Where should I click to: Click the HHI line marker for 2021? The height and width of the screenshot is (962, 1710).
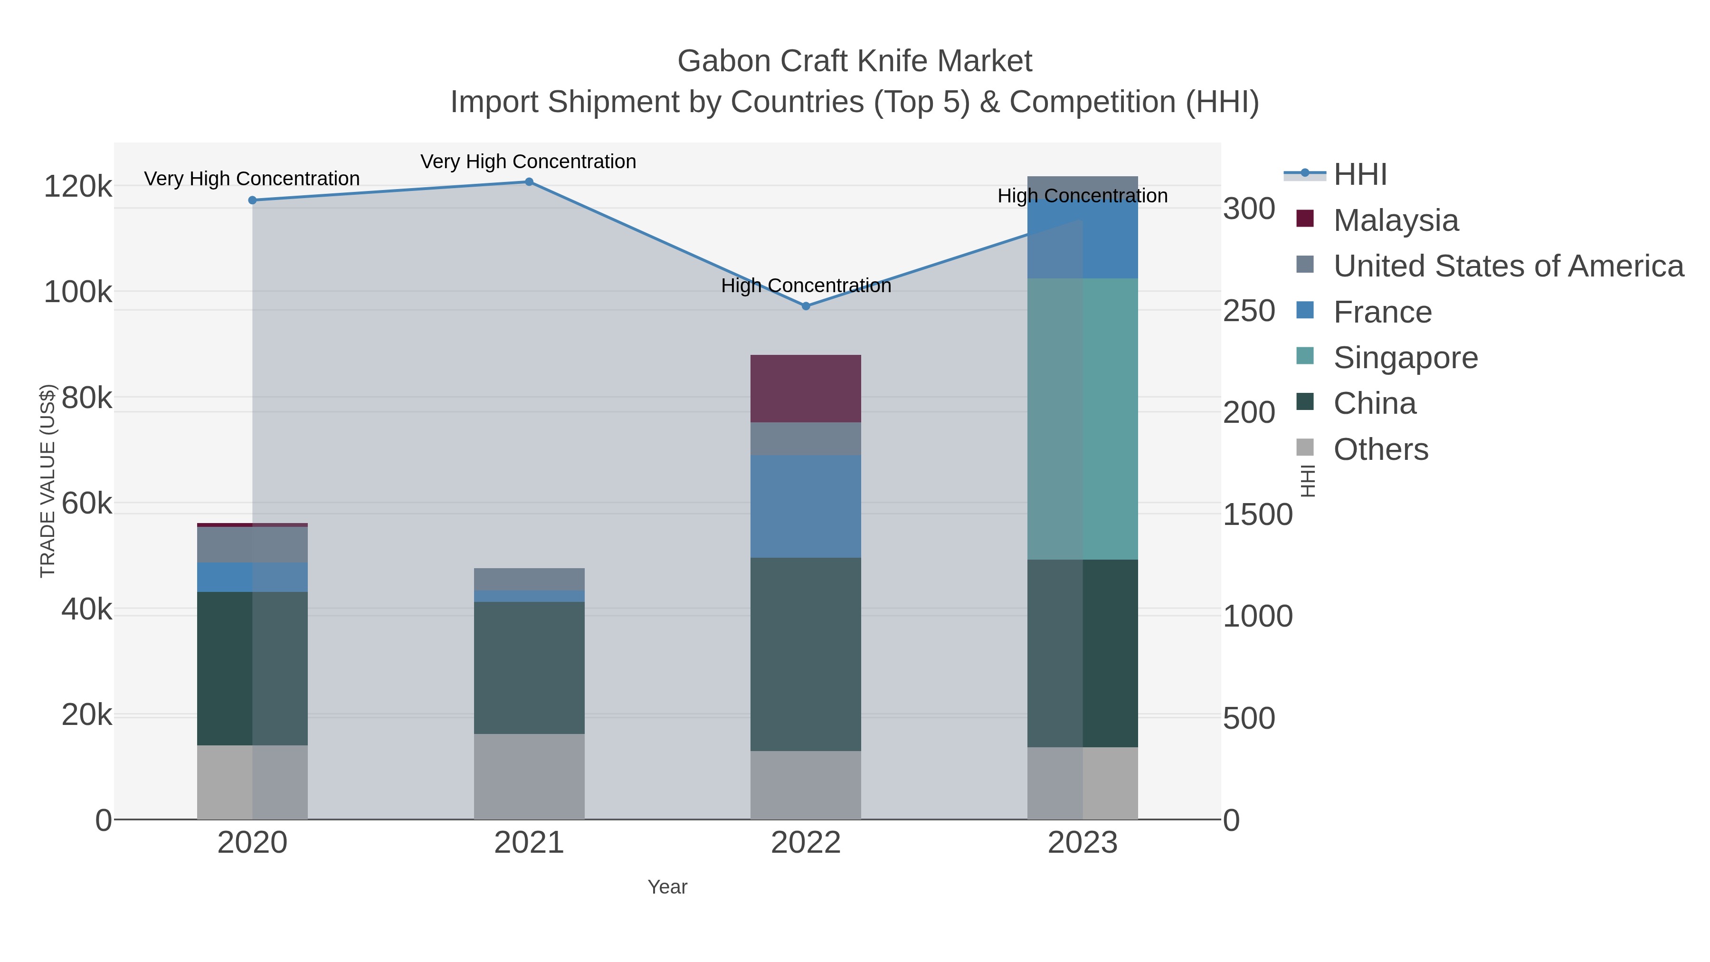(529, 182)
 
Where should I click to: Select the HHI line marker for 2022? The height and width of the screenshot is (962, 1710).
(806, 306)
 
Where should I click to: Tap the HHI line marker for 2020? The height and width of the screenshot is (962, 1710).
(252, 200)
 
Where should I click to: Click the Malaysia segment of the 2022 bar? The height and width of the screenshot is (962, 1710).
(806, 389)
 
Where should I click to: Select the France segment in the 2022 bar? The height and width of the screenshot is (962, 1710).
(806, 506)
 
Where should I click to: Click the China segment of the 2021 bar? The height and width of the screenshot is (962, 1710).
(529, 667)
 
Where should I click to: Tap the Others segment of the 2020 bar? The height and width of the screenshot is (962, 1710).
(252, 782)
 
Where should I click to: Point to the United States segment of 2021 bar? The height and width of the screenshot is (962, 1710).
(529, 579)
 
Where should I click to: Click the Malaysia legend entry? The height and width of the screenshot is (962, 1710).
(1396, 220)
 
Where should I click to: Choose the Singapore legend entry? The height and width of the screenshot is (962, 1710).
(1406, 358)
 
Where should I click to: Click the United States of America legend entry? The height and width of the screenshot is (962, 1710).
(1508, 266)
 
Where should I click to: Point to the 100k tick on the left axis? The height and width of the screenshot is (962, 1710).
(78, 292)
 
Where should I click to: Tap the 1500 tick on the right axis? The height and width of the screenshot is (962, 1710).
(1257, 515)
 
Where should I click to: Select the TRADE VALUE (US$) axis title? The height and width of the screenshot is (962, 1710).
(48, 481)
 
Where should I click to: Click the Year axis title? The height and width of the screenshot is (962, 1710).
(667, 887)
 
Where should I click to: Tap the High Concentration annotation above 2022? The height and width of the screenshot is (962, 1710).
(806, 286)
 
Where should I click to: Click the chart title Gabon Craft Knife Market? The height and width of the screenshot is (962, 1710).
(855, 62)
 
